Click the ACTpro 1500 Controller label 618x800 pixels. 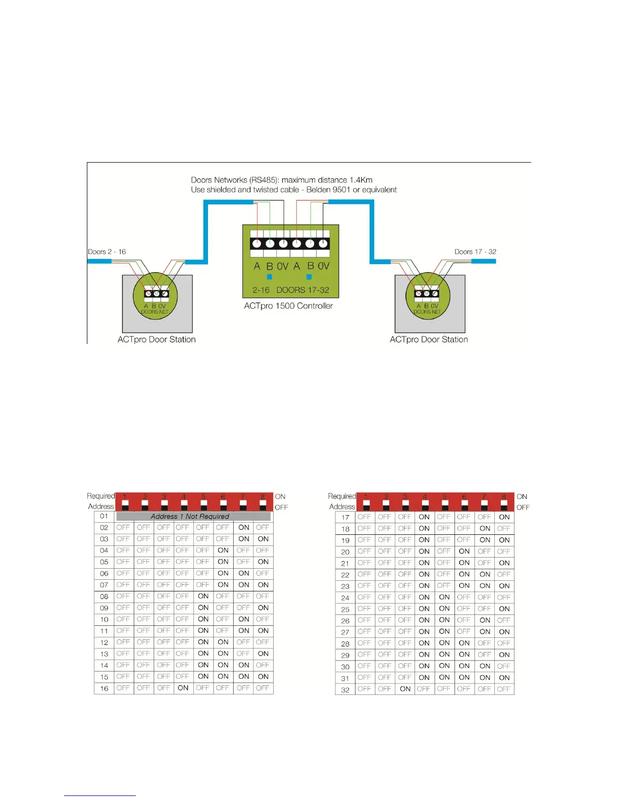point(288,306)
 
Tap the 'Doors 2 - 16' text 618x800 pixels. point(107,252)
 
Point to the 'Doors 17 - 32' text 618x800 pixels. point(475,252)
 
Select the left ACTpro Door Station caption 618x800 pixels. point(157,339)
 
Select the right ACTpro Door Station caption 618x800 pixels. point(429,339)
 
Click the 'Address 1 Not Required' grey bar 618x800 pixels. point(193,516)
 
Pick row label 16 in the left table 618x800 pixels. point(104,688)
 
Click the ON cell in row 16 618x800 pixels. point(183,688)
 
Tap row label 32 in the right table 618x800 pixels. point(345,689)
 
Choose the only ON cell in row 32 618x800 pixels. point(405,689)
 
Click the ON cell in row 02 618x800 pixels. point(244,527)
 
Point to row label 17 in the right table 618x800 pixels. point(345,517)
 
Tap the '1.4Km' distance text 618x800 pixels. point(361,180)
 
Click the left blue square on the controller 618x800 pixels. point(270,277)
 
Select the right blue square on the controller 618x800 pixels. point(309,277)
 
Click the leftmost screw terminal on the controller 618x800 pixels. point(257,243)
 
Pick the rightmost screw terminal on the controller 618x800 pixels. point(323,243)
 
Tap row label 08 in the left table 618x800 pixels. point(104,596)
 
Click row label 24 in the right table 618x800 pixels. point(345,597)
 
